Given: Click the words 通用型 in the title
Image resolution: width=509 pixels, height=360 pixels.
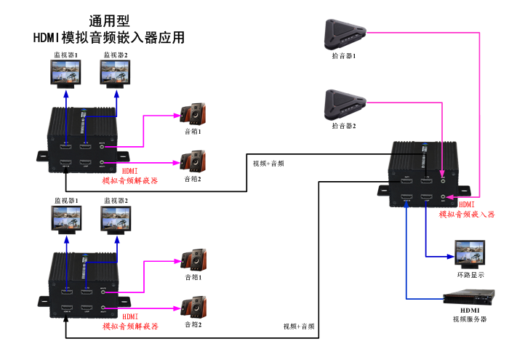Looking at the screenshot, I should (110, 21).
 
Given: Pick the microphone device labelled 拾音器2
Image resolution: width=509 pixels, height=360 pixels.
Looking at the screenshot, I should (343, 104).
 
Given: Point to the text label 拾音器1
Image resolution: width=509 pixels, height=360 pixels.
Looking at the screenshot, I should (343, 56).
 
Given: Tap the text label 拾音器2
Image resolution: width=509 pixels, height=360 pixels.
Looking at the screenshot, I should (343, 126).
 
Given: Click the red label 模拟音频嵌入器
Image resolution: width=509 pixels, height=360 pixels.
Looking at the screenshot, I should (466, 215).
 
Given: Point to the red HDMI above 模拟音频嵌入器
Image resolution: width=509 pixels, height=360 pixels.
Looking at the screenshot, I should (467, 205).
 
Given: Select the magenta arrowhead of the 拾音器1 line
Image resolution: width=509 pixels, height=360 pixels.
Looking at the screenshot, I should (452, 196).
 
